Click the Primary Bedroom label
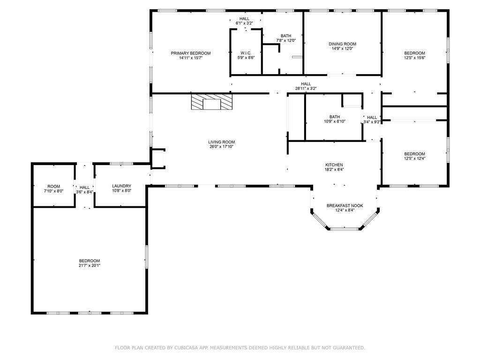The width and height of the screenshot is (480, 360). tap(191, 53)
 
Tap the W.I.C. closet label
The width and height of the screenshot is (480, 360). tap(246, 53)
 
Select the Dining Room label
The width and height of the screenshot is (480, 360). tap(343, 44)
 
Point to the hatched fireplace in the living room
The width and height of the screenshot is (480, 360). tap(212, 102)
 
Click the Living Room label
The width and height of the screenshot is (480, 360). tap(222, 142)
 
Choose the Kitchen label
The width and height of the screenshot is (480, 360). tap(334, 165)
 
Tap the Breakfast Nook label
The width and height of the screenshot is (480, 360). tap(345, 206)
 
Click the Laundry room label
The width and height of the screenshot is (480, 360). tap(121, 186)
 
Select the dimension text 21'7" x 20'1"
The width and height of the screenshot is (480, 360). tap(90, 265)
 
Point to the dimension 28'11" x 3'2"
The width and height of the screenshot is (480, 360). tap(306, 89)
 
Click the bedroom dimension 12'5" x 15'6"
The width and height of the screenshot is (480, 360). tap(415, 58)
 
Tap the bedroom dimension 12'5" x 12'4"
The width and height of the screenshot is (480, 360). tap(415, 158)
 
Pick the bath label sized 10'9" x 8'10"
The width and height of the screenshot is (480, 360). tap(335, 119)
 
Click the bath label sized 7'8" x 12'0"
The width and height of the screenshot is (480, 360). tap(286, 38)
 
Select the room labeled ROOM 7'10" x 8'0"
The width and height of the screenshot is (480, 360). tap(53, 188)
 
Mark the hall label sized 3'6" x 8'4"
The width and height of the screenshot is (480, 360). tap(84, 190)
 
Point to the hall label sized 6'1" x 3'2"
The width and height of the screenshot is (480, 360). tap(244, 21)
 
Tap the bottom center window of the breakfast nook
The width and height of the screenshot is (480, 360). tap(345, 229)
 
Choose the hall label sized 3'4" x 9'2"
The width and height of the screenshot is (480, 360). tap(372, 120)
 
